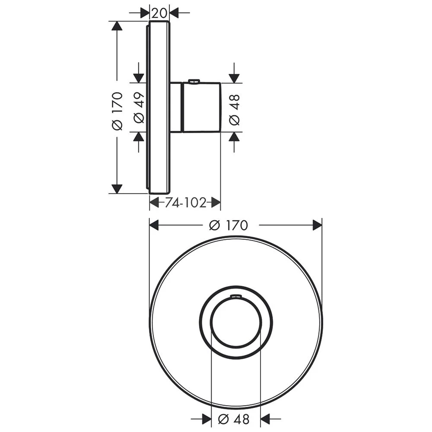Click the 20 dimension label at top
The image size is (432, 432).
pos(159,13)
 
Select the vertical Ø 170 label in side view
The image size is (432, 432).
pos(118,111)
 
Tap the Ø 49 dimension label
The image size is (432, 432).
pos(139,108)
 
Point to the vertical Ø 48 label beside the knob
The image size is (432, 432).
pos(234,110)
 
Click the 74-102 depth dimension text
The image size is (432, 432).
pos(186,203)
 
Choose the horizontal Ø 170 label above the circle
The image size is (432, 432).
pos(229,225)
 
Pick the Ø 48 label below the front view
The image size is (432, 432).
pos(234,419)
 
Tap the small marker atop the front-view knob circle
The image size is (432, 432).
pos(235,296)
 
